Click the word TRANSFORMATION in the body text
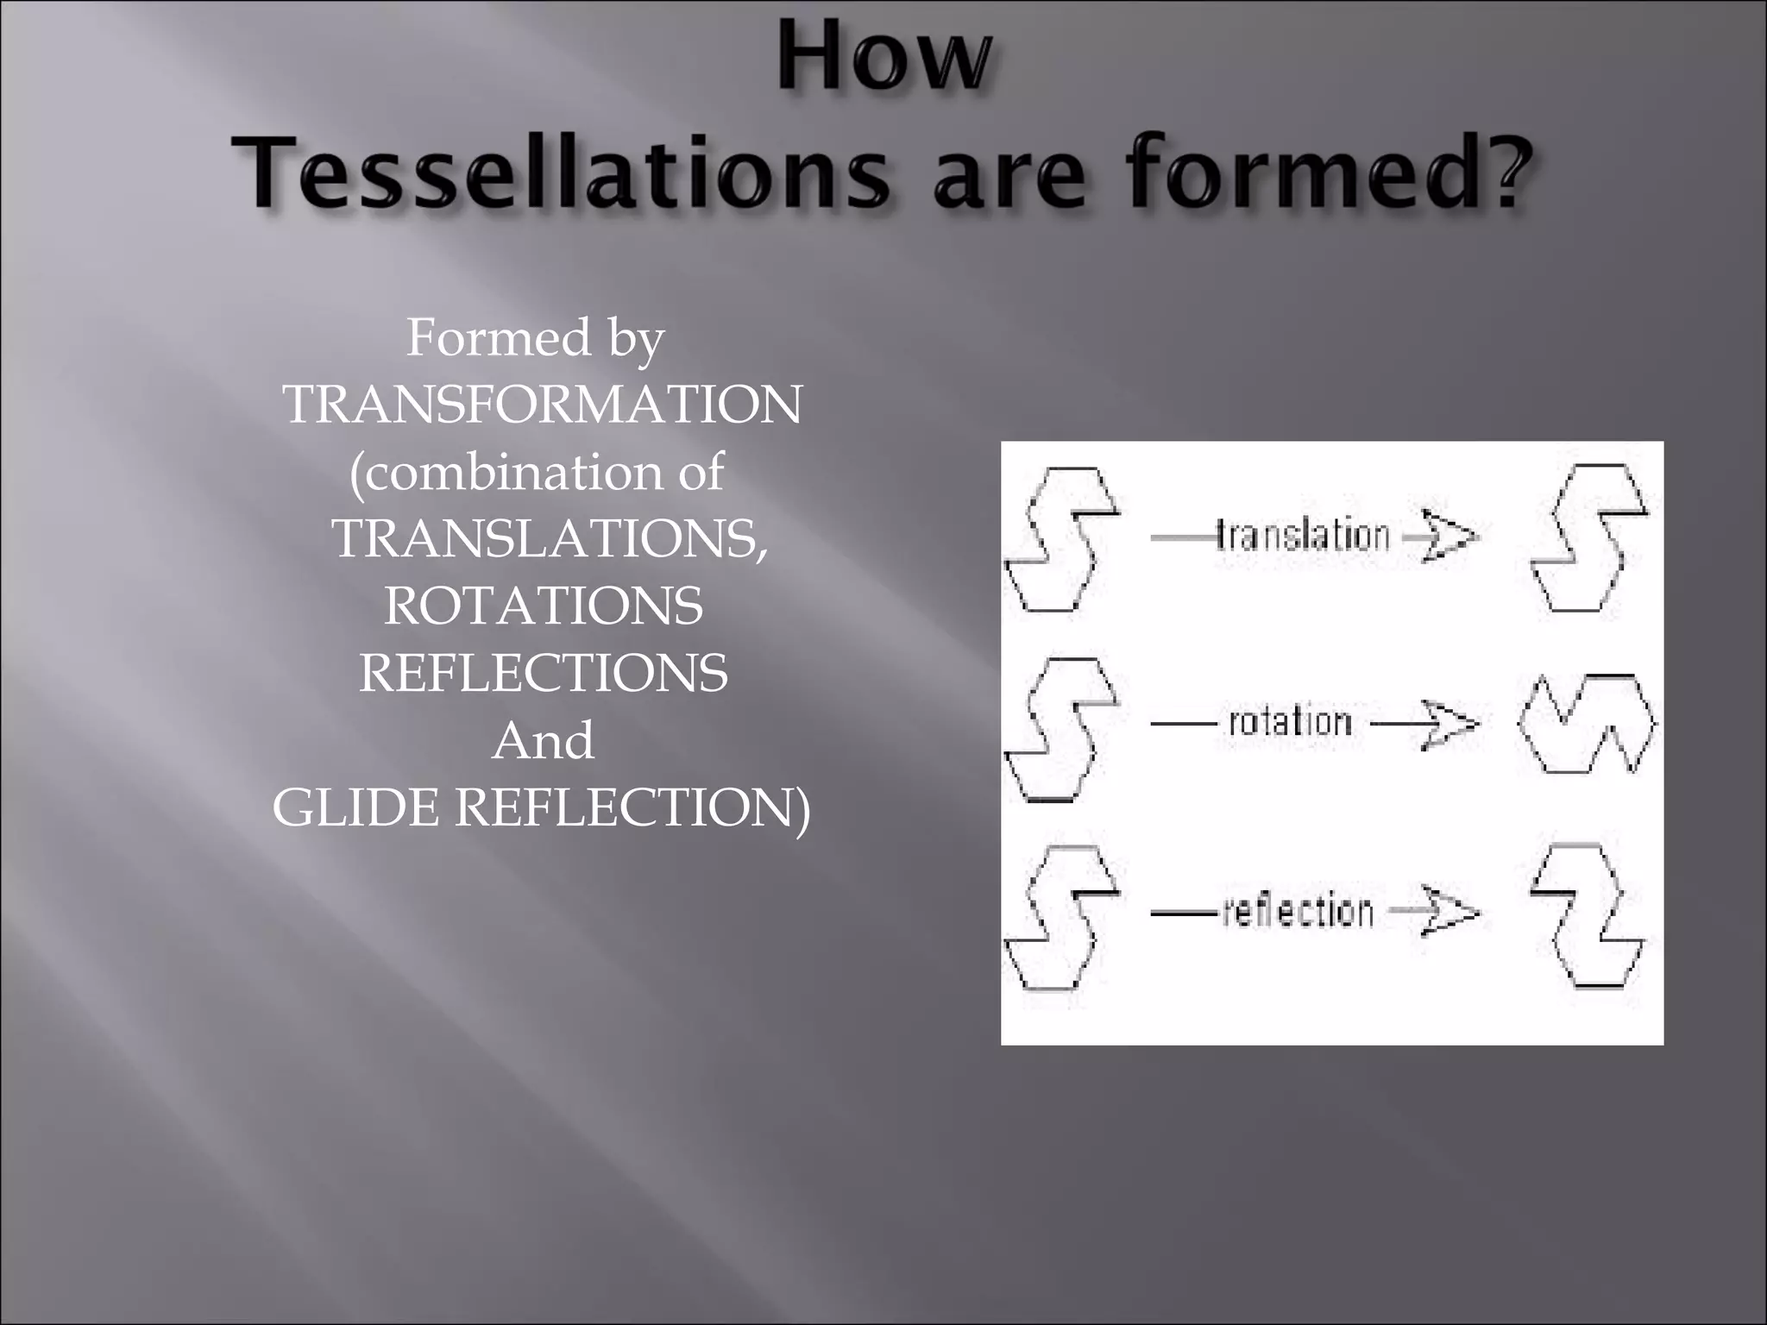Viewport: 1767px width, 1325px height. [x=543, y=404]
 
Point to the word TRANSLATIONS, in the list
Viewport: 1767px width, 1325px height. [x=550, y=538]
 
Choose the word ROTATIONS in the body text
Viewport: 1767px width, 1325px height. [x=544, y=606]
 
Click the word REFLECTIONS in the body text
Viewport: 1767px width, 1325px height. [x=544, y=673]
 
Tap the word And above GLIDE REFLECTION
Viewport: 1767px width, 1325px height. [x=543, y=740]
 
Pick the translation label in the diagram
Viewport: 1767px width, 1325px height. [x=1303, y=536]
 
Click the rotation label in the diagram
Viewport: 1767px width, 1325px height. [x=1290, y=722]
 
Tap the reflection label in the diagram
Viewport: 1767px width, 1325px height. [x=1298, y=911]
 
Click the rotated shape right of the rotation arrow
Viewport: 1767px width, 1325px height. [x=1588, y=723]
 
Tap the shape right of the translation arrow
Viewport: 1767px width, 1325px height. [x=1588, y=537]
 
